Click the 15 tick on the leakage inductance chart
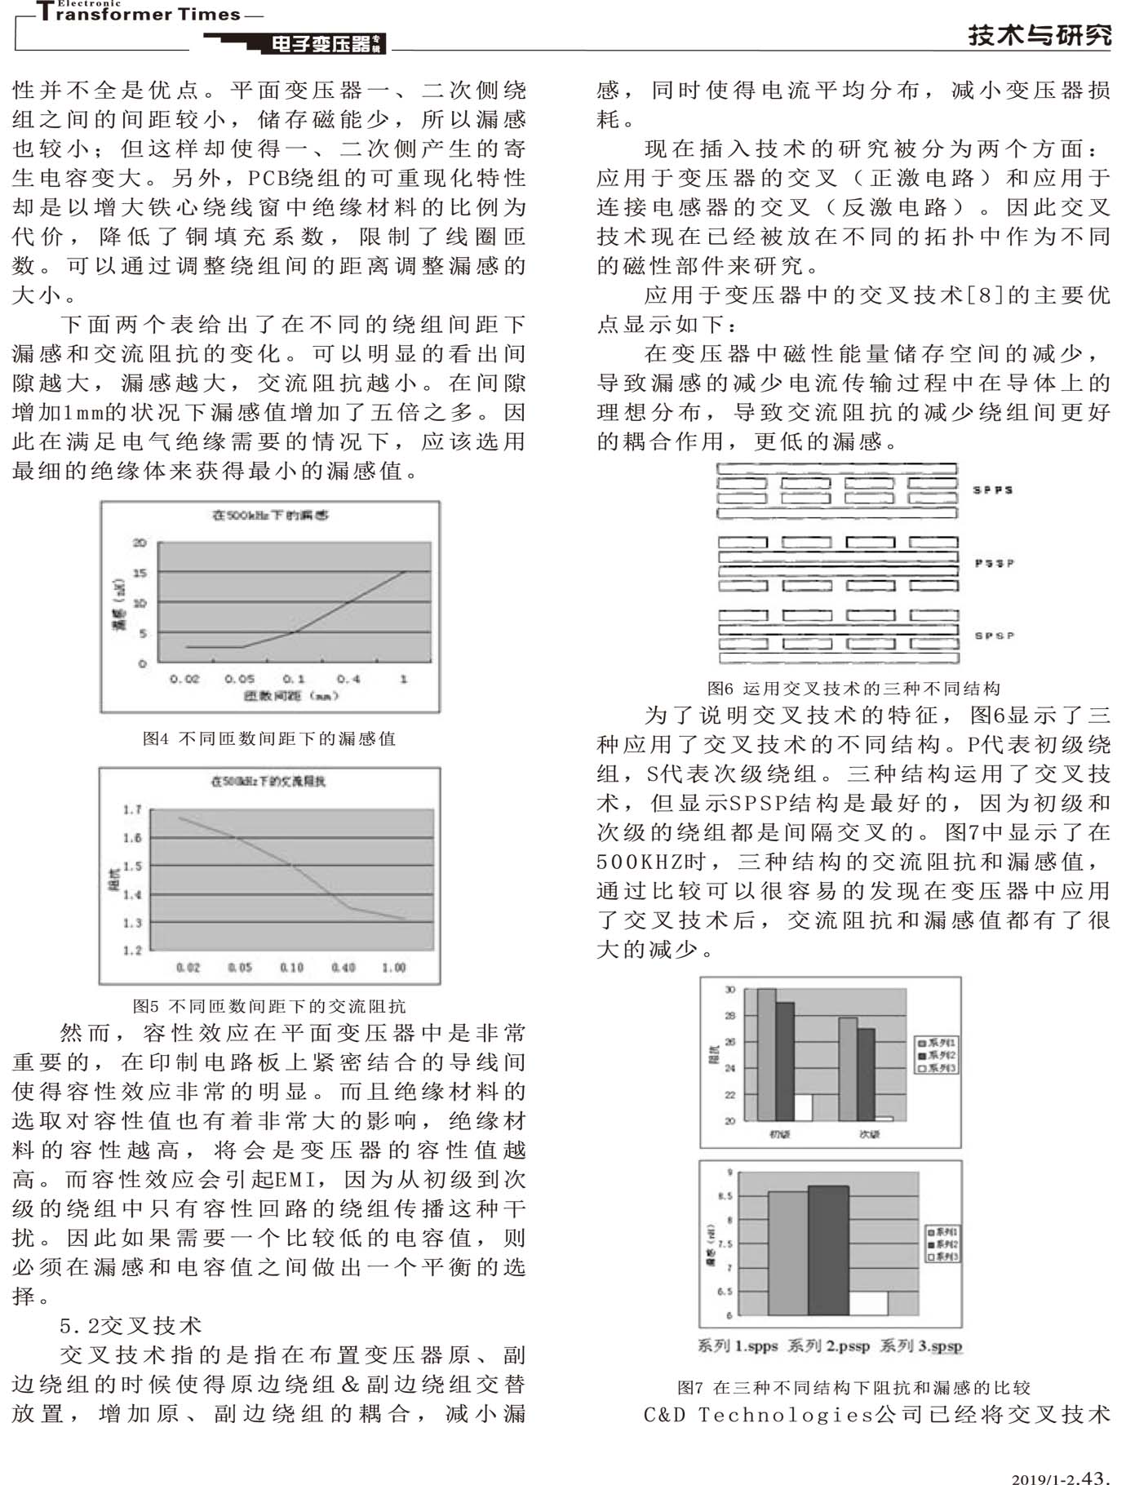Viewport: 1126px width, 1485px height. click(140, 573)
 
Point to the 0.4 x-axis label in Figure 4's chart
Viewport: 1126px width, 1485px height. click(348, 679)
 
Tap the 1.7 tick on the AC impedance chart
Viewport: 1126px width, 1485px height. click(132, 809)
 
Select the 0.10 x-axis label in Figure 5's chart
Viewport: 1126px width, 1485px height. click(291, 968)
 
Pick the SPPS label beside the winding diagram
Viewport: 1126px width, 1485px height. click(993, 490)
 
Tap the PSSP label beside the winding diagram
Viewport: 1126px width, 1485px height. click(994, 563)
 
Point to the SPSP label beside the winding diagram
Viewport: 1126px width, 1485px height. click(994, 636)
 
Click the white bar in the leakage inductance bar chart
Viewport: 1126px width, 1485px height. click(868, 1303)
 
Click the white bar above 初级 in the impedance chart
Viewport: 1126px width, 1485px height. click(803, 1107)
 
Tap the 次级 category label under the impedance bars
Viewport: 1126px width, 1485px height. click(869, 1134)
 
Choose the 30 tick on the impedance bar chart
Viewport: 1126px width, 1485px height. click(730, 990)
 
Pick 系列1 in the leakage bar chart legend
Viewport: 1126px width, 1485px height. click(944, 1231)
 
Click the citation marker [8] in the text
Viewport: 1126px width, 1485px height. click(986, 295)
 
